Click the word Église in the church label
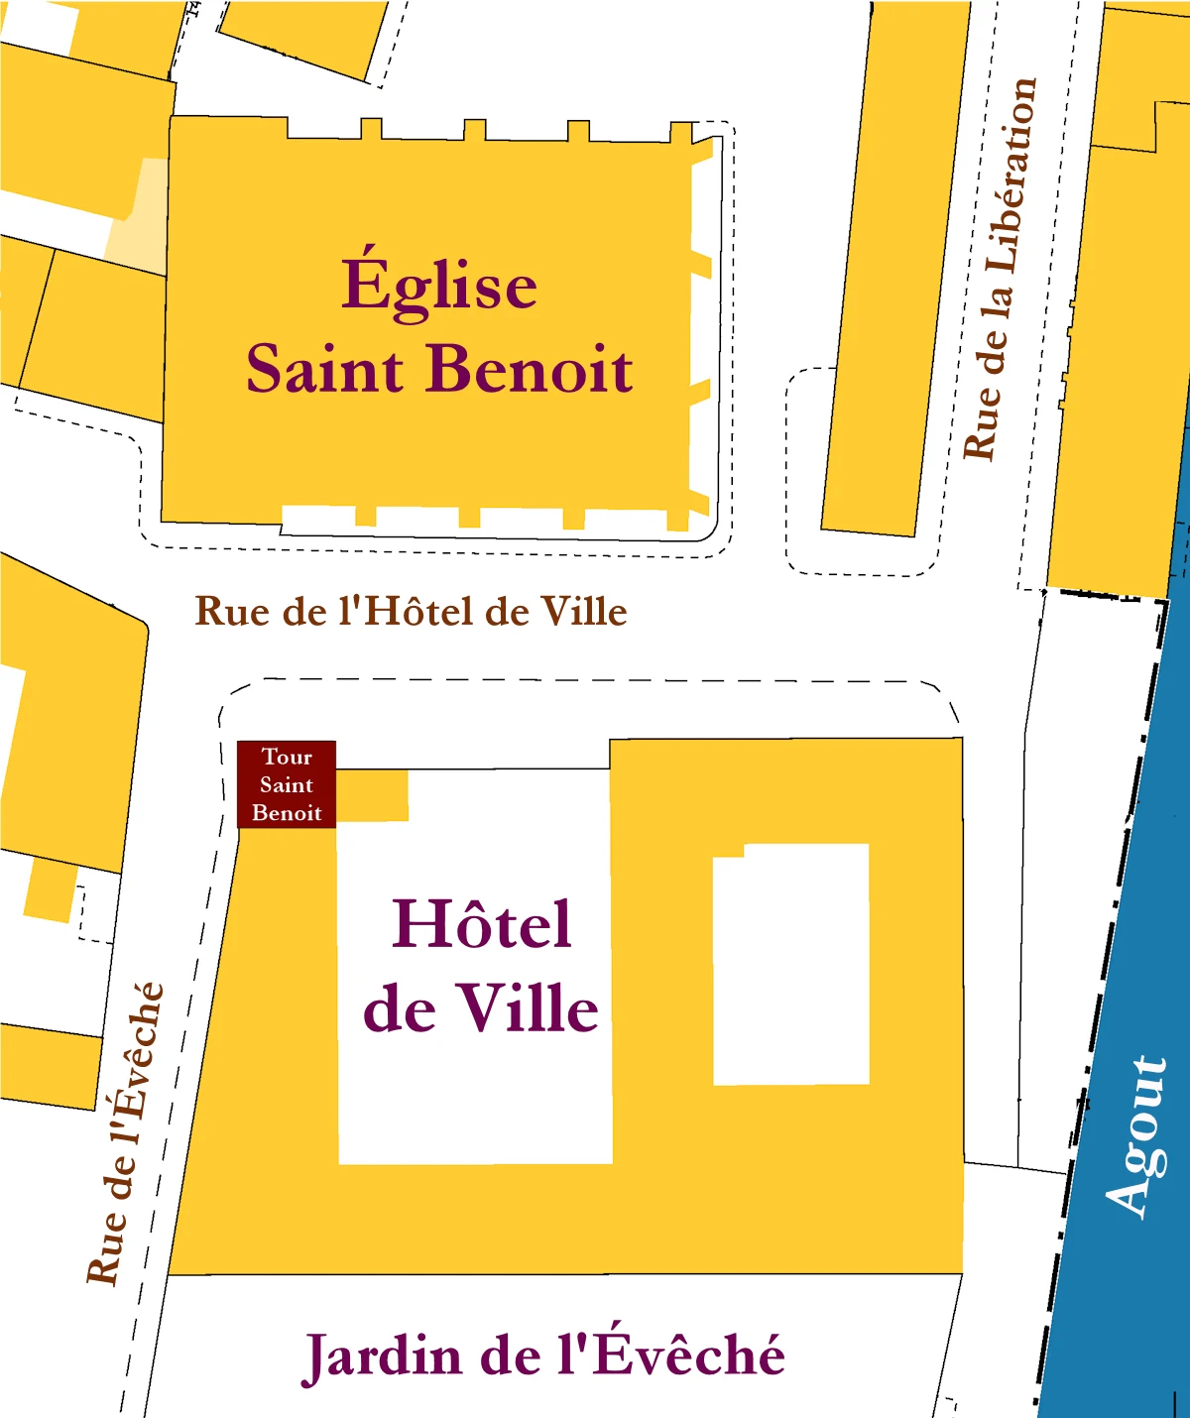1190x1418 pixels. point(439,286)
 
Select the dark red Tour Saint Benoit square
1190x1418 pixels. point(287,784)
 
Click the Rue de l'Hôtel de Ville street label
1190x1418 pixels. point(411,611)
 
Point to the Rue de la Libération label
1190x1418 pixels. point(1000,270)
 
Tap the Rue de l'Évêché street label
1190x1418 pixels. point(125,1133)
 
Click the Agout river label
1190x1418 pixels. point(1138,1135)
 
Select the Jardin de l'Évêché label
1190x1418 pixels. point(543,1356)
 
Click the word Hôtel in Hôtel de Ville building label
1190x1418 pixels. point(482,924)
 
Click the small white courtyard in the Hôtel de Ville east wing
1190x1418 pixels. point(791,964)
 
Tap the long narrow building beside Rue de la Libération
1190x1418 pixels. point(895,268)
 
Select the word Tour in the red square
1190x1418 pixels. point(287,757)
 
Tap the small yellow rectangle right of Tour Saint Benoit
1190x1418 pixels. point(372,795)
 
